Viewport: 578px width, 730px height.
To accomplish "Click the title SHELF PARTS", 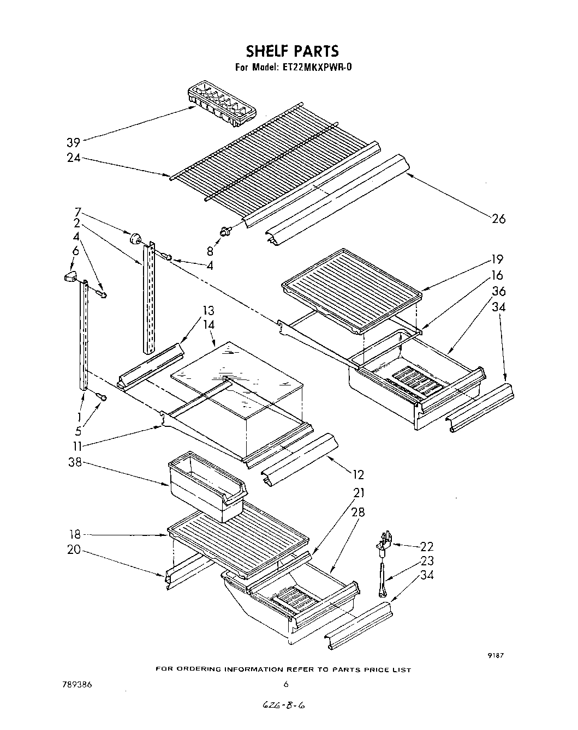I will point(292,51).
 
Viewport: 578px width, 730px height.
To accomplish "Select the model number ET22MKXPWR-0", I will point(317,68).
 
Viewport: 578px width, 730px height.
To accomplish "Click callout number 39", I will point(74,143).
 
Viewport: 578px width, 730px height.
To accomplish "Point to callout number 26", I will point(498,219).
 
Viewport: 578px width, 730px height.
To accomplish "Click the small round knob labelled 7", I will point(135,238).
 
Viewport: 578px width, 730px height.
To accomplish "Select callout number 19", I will point(497,260).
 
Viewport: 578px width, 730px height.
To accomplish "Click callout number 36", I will point(498,291).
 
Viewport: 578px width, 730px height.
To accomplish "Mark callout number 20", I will point(74,550).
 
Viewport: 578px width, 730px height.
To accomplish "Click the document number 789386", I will point(76,684).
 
